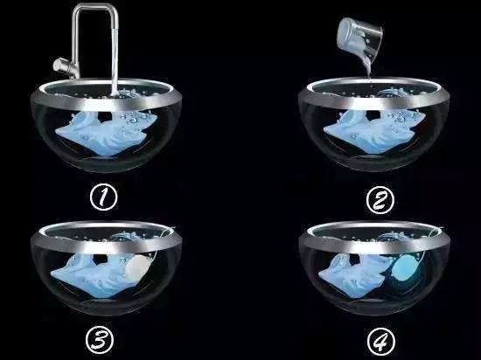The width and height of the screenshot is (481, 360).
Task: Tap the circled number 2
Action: click(x=380, y=200)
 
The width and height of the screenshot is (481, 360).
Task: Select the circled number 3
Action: click(x=100, y=340)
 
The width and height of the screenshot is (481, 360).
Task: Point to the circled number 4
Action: click(x=381, y=342)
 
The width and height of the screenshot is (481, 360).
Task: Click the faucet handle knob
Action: click(x=59, y=65)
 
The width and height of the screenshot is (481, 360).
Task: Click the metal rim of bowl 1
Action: click(x=106, y=101)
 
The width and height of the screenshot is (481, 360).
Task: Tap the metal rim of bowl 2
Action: click(x=374, y=101)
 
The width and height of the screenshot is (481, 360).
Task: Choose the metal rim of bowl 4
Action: click(x=374, y=244)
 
